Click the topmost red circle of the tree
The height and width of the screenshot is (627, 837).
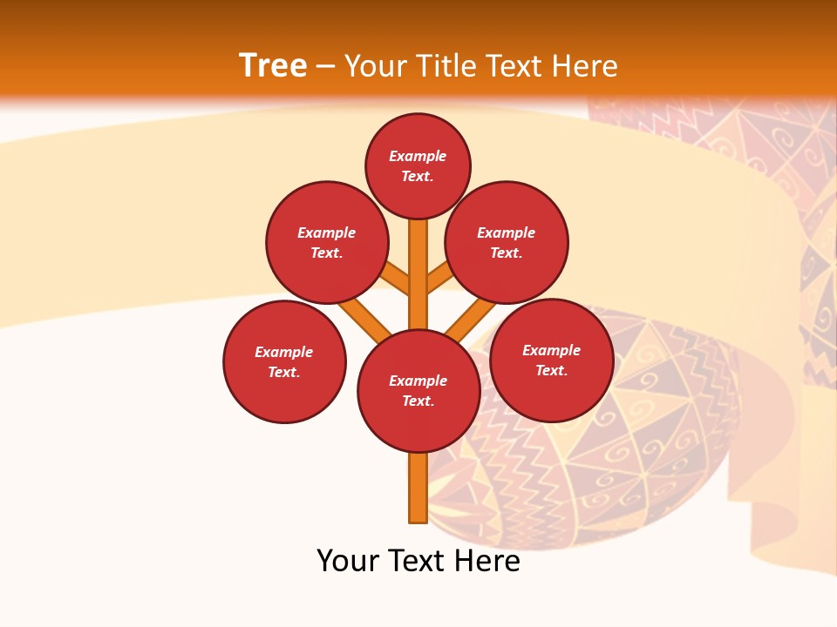pos(418,165)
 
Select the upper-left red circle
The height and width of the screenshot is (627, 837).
pos(327,242)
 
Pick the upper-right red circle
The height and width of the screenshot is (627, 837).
pos(507,242)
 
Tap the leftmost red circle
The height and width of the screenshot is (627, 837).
pos(284,361)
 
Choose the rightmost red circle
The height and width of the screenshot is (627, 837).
pos(552,360)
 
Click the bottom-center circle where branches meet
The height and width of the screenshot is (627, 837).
pos(418,391)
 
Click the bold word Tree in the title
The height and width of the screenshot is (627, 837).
pos(273,65)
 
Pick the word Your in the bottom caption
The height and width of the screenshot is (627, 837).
pos(349,561)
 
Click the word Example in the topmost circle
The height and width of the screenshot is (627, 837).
pos(418,156)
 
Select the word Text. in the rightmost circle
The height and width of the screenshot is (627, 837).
pos(551,370)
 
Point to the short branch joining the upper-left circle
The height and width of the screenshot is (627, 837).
pos(395,279)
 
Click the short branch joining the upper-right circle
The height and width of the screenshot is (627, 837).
pos(441,279)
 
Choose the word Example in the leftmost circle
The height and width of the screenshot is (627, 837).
pos(283,352)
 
